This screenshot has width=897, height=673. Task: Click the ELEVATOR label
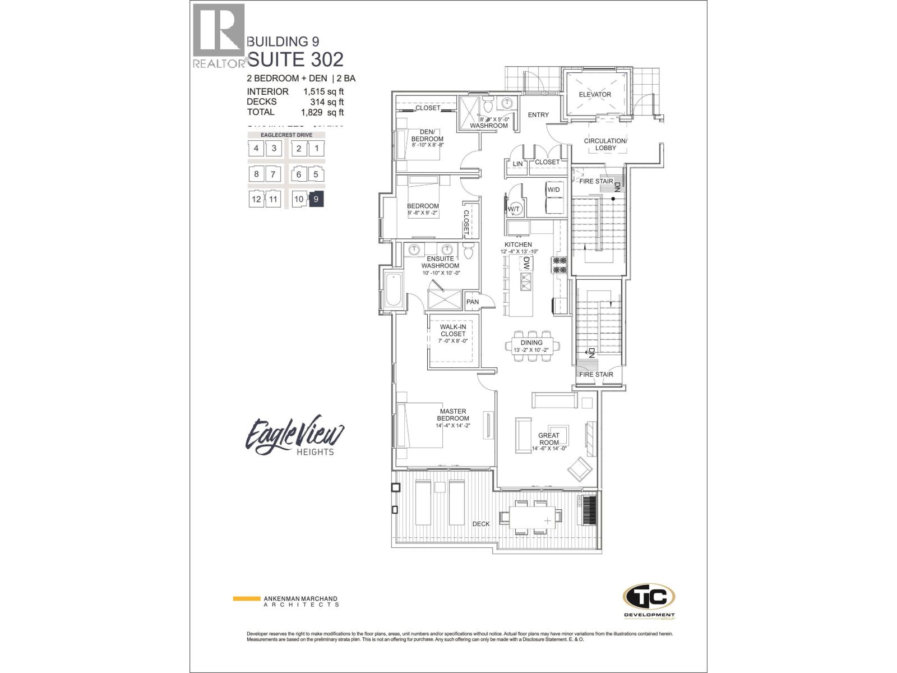[595, 94]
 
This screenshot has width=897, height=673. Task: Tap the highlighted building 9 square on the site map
[316, 199]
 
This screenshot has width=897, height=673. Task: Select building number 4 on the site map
[256, 149]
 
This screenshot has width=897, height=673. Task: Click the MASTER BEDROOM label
[453, 414]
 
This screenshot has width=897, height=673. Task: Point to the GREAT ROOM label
[548, 439]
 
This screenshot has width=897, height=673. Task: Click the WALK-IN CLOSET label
[452, 330]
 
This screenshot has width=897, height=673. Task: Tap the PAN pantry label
[473, 302]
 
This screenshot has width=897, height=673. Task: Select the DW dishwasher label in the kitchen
[526, 263]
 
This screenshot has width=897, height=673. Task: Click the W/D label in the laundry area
[553, 190]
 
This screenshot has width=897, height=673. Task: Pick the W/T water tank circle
[514, 209]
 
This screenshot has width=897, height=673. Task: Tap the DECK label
[480, 524]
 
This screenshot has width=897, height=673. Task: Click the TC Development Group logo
[649, 601]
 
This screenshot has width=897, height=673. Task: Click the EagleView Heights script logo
[295, 436]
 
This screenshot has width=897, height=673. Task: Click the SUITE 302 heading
[295, 59]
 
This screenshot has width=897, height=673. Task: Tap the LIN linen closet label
[517, 164]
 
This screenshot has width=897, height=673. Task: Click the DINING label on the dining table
[531, 343]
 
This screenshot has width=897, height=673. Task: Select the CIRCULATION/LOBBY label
[605, 144]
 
